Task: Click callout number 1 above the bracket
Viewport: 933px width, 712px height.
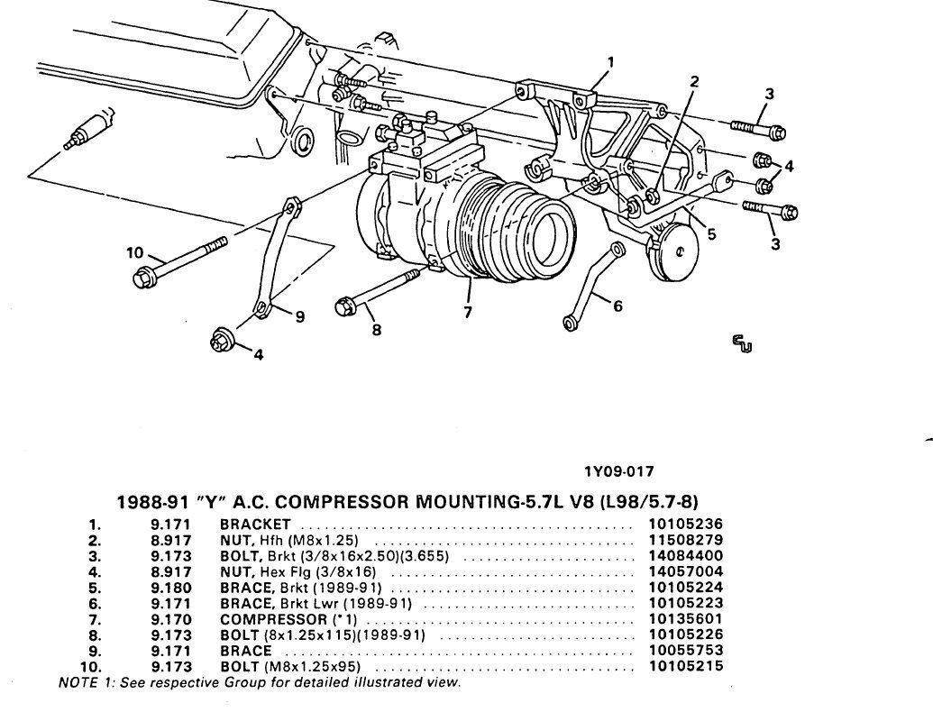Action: click(x=610, y=61)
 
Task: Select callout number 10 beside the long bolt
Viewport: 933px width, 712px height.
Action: click(x=135, y=251)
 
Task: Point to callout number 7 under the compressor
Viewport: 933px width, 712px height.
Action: click(x=467, y=313)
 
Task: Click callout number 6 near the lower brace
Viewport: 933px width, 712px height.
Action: click(x=617, y=306)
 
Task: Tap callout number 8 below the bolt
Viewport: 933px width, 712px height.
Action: click(x=376, y=330)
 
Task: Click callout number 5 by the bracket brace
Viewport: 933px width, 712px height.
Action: click(x=711, y=233)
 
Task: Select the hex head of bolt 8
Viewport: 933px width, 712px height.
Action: click(x=344, y=306)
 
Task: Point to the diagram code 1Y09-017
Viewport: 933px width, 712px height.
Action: click(x=617, y=470)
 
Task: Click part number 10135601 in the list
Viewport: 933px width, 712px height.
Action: click(x=685, y=621)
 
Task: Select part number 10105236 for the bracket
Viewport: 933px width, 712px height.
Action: click(x=685, y=524)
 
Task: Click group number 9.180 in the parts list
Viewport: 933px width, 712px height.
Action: click(x=170, y=589)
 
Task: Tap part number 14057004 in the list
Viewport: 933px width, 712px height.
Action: click(x=685, y=572)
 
